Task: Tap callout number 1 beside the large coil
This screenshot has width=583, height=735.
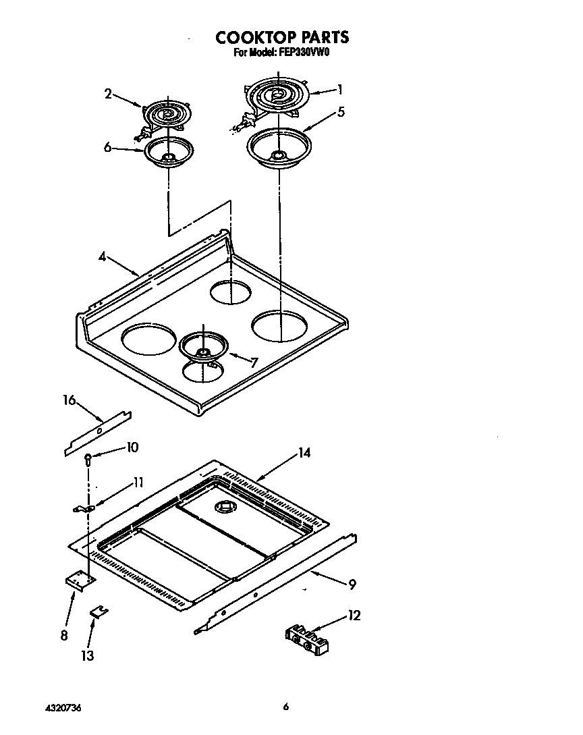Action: coord(341,89)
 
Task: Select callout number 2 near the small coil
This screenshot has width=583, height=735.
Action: coord(108,94)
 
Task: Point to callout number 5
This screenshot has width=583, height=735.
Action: coord(341,112)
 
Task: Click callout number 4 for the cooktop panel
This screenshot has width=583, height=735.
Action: coord(101,256)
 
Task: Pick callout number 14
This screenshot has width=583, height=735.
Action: coord(304,453)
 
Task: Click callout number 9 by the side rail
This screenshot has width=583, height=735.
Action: coord(351,584)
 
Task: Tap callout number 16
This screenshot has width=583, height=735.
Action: coord(69,400)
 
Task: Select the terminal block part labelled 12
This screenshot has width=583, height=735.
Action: coord(308,640)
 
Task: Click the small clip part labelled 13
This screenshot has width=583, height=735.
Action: coord(100,611)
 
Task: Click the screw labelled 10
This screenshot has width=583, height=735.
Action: coord(88,458)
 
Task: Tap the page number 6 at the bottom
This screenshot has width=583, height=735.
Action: coord(286,707)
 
